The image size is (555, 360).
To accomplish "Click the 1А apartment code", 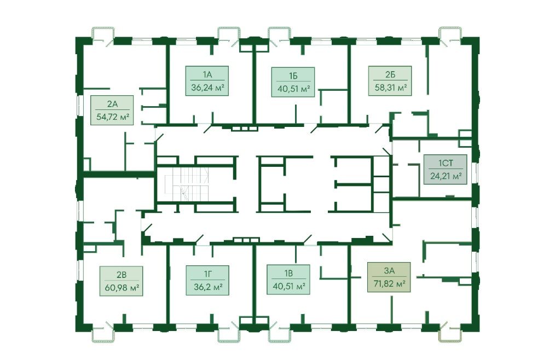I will (x=206, y=74).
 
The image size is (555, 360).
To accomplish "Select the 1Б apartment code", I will (x=293, y=75).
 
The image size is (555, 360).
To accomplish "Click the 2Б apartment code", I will (x=390, y=75).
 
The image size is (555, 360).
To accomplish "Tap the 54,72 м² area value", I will (x=112, y=117).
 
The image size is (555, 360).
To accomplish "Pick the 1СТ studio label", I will (x=445, y=163).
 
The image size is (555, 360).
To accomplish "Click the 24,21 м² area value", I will (x=445, y=176).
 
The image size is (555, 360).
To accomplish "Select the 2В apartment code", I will (x=121, y=275).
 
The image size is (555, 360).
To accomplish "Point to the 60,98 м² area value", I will (x=121, y=288).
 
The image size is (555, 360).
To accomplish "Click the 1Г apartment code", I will (x=206, y=274).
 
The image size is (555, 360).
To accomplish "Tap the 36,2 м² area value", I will (x=206, y=287).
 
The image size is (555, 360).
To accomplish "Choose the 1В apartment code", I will (x=288, y=273).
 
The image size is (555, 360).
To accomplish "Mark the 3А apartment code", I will (x=389, y=270).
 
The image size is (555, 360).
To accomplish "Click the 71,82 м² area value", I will (x=389, y=283).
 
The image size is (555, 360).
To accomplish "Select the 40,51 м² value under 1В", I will (x=288, y=286).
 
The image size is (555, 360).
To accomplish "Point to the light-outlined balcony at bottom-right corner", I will (x=453, y=333).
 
